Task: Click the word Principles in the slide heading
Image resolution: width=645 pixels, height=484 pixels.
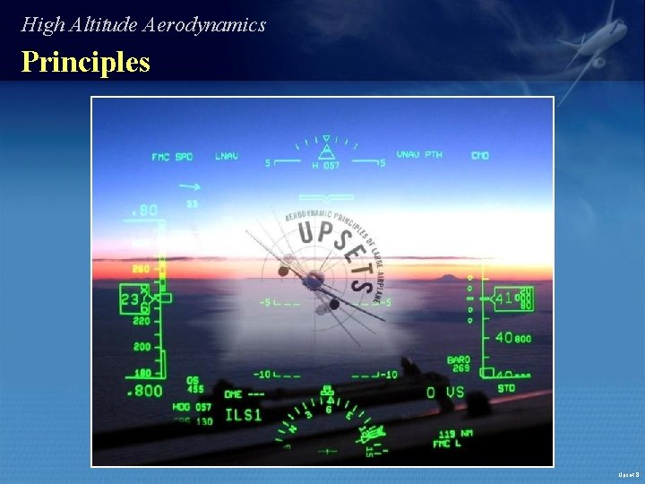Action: pos(86,63)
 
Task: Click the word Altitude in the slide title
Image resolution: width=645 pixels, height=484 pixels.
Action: pos(99,25)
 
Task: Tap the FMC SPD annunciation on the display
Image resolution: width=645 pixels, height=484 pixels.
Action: pos(172,157)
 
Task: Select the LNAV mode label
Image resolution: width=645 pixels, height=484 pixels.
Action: pos(227,156)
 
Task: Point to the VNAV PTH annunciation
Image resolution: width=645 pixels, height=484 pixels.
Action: pos(419,155)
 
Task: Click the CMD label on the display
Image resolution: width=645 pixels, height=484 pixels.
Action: pos(480,156)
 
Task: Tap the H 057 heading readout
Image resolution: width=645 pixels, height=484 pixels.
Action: pos(325,166)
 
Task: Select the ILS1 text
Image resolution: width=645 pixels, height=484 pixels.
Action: pos(243,415)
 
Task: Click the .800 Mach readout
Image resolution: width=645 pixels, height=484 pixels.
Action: pos(145,391)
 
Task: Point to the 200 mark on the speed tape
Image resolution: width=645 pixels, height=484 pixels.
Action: pos(142,346)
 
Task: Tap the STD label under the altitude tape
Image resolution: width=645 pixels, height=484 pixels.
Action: pos(506,389)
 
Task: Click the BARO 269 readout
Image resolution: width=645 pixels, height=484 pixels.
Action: pos(459,363)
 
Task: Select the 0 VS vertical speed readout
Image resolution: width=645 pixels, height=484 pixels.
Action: pos(445,393)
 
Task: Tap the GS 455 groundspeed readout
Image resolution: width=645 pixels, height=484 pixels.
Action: pos(195,385)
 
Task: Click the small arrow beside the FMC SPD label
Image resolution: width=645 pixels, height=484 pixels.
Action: pos(189,186)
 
